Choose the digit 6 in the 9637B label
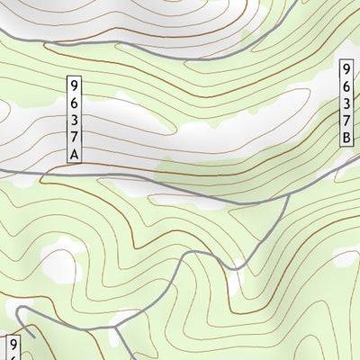click(346, 86)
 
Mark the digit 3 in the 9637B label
click(346, 103)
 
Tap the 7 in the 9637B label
click(346, 121)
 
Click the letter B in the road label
click(346, 138)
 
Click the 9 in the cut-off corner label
click(13, 345)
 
